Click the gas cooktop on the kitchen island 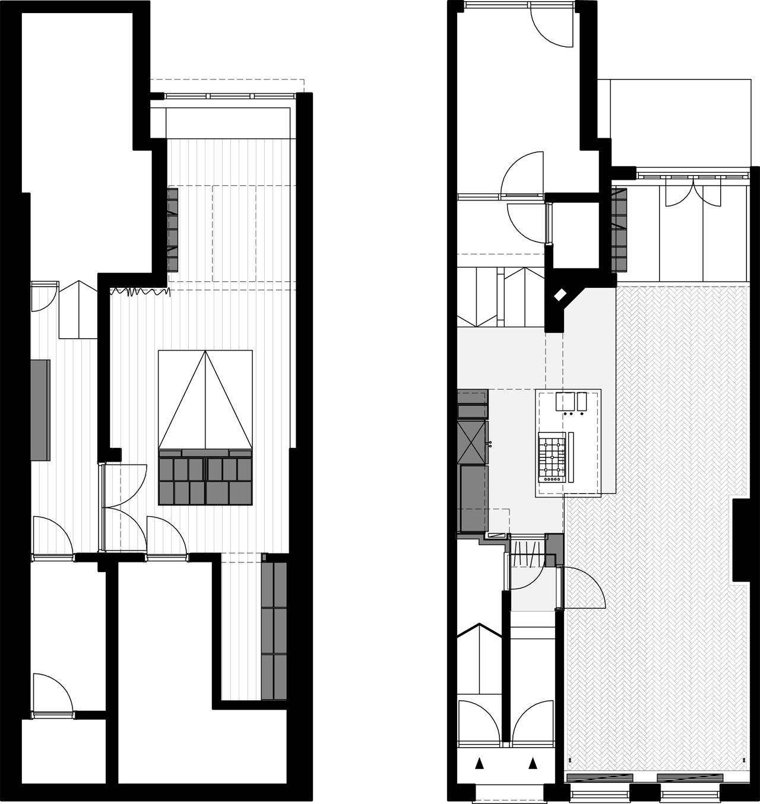coord(550,456)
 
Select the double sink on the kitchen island coord(571,402)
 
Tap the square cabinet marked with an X coord(473,442)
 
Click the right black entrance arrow coord(533,763)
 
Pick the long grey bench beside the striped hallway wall coord(40,409)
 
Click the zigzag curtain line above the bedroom coord(140,291)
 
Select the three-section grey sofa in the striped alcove coord(274,631)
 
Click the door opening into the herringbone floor coord(583,587)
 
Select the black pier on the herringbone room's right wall coord(740,540)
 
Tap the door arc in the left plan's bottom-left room coord(52,694)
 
